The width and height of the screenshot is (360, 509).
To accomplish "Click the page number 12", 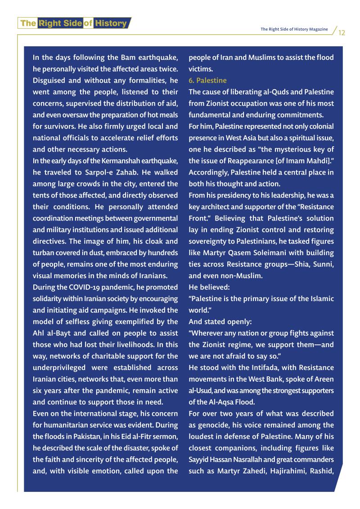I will pyautogui.click(x=342, y=32).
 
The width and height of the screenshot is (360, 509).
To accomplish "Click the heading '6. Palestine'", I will pyautogui.click(x=207, y=81).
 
